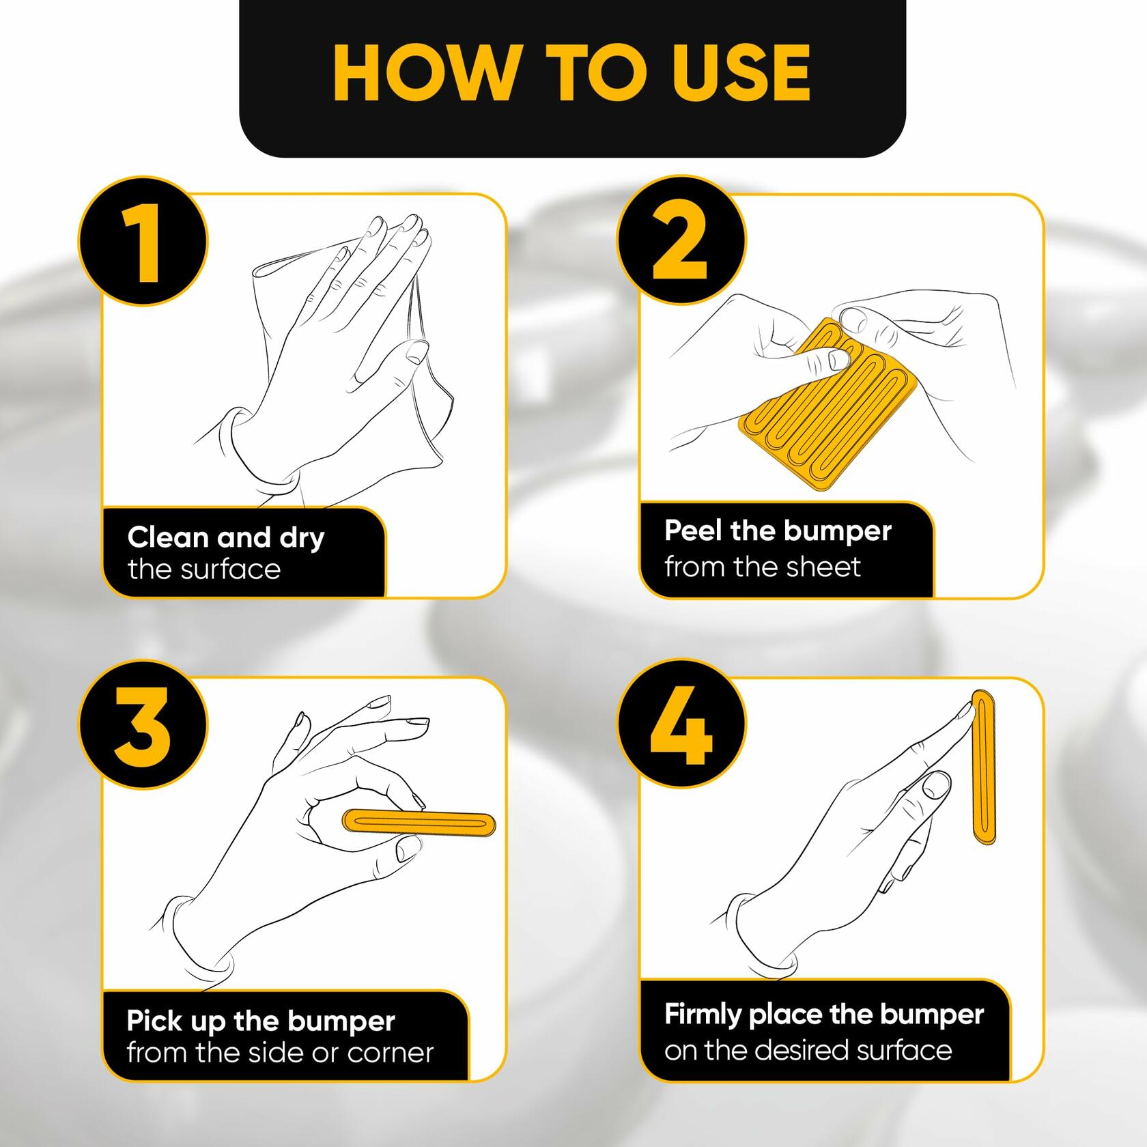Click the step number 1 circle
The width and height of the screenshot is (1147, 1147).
143,242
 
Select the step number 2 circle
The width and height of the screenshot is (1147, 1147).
681,242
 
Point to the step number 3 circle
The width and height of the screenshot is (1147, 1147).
143,724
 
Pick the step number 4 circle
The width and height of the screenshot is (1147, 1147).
681,724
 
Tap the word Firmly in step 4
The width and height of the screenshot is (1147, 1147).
703,1015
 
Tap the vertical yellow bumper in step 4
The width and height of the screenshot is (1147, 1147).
983,767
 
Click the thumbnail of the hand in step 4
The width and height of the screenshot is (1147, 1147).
936,784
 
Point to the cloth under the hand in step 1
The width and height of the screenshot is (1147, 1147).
355,355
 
